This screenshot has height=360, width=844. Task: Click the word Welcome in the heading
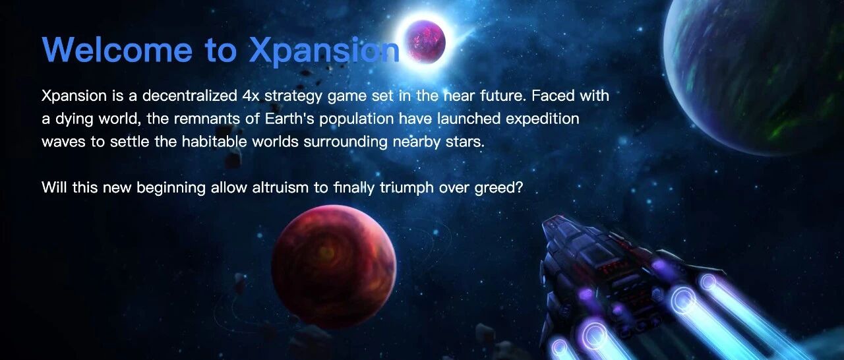click(x=117, y=49)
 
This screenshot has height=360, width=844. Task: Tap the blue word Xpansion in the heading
click(x=324, y=52)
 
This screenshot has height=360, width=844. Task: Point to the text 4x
click(x=251, y=96)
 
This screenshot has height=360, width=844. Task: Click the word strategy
click(x=293, y=97)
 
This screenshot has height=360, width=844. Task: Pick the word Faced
click(x=551, y=96)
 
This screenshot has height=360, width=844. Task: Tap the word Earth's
click(x=289, y=119)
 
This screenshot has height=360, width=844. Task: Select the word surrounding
click(x=346, y=142)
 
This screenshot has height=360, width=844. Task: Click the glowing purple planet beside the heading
click(x=427, y=41)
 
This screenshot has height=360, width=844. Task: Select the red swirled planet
click(x=334, y=266)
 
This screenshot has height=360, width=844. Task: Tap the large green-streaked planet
click(x=754, y=75)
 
